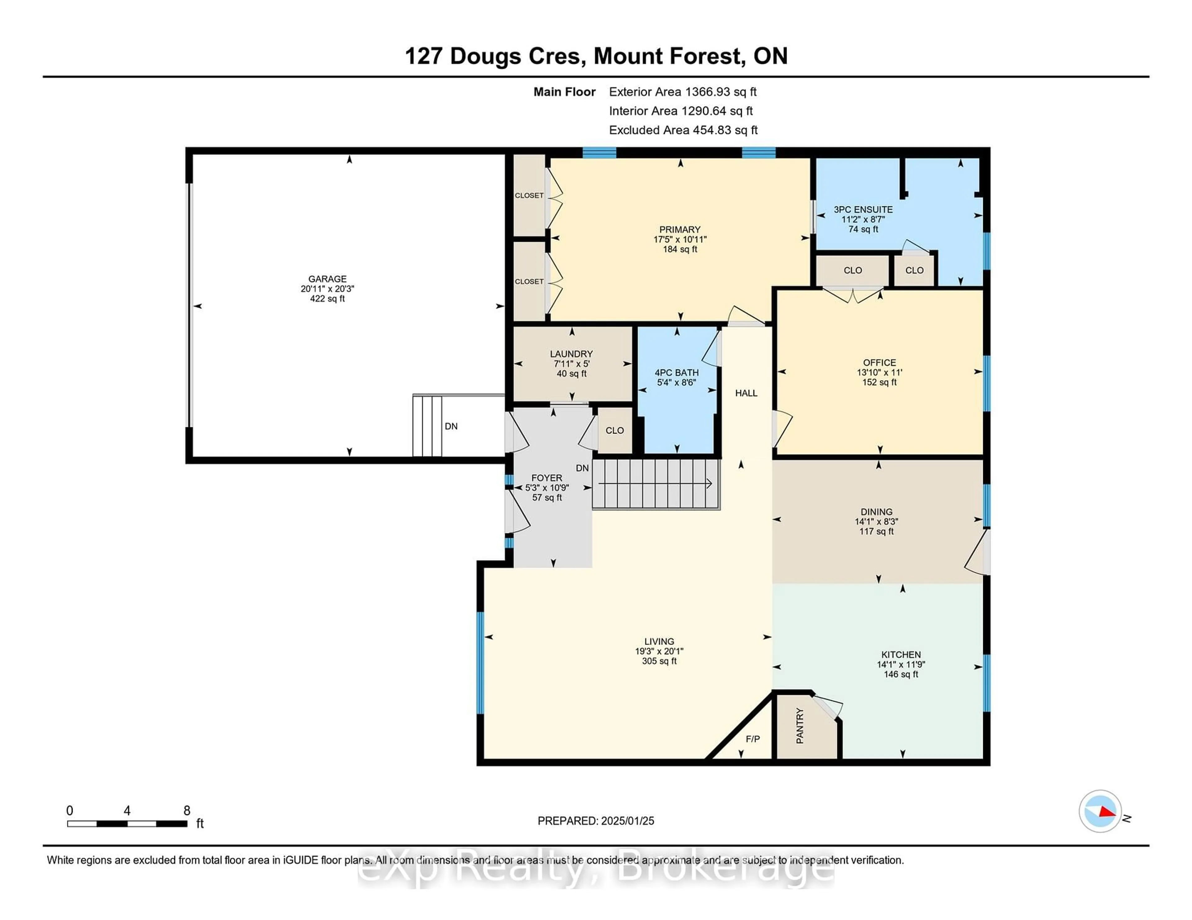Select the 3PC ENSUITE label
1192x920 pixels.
click(x=863, y=209)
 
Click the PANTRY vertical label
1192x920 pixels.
click(x=800, y=726)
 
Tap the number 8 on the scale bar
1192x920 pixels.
click(x=187, y=811)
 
